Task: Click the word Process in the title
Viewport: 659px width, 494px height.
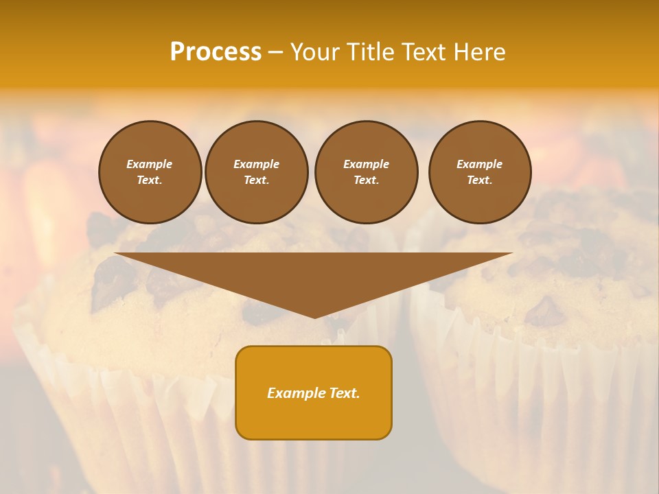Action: pos(216,52)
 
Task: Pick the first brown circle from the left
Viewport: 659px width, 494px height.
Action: pos(150,172)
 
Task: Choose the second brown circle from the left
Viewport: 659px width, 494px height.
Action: pos(256,172)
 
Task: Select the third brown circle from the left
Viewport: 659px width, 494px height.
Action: pos(366,172)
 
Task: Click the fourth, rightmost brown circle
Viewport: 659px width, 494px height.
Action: pos(479,172)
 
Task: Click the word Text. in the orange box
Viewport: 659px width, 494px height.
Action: pos(345,393)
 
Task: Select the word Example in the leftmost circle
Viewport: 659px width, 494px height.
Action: pos(150,164)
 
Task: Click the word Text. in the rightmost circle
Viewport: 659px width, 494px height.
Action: pos(479,180)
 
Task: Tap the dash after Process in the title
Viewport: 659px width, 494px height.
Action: pos(275,52)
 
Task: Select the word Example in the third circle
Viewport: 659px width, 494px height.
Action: pos(366,164)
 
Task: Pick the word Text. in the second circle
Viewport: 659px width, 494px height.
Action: pos(256,180)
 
